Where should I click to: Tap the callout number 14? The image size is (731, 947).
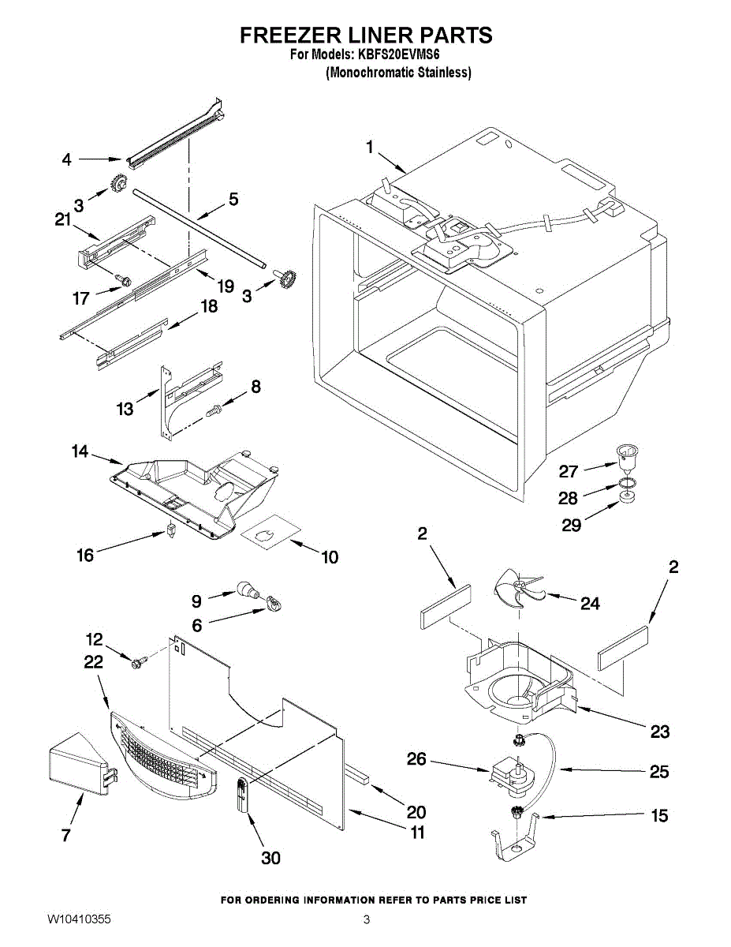pyautogui.click(x=80, y=451)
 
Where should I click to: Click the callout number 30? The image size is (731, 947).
pyautogui.click(x=270, y=858)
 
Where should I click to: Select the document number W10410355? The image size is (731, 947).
pyautogui.click(x=79, y=920)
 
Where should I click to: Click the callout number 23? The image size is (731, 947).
pyautogui.click(x=659, y=732)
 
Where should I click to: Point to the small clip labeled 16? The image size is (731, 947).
pyautogui.click(x=169, y=531)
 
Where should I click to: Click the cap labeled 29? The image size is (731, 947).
pyautogui.click(x=628, y=498)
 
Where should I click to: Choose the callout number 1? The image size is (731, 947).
pyautogui.click(x=371, y=146)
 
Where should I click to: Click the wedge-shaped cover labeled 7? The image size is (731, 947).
pyautogui.click(x=76, y=763)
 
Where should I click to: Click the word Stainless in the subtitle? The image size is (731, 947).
pyautogui.click(x=444, y=73)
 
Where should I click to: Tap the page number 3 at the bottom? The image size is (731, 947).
pyautogui.click(x=366, y=920)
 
